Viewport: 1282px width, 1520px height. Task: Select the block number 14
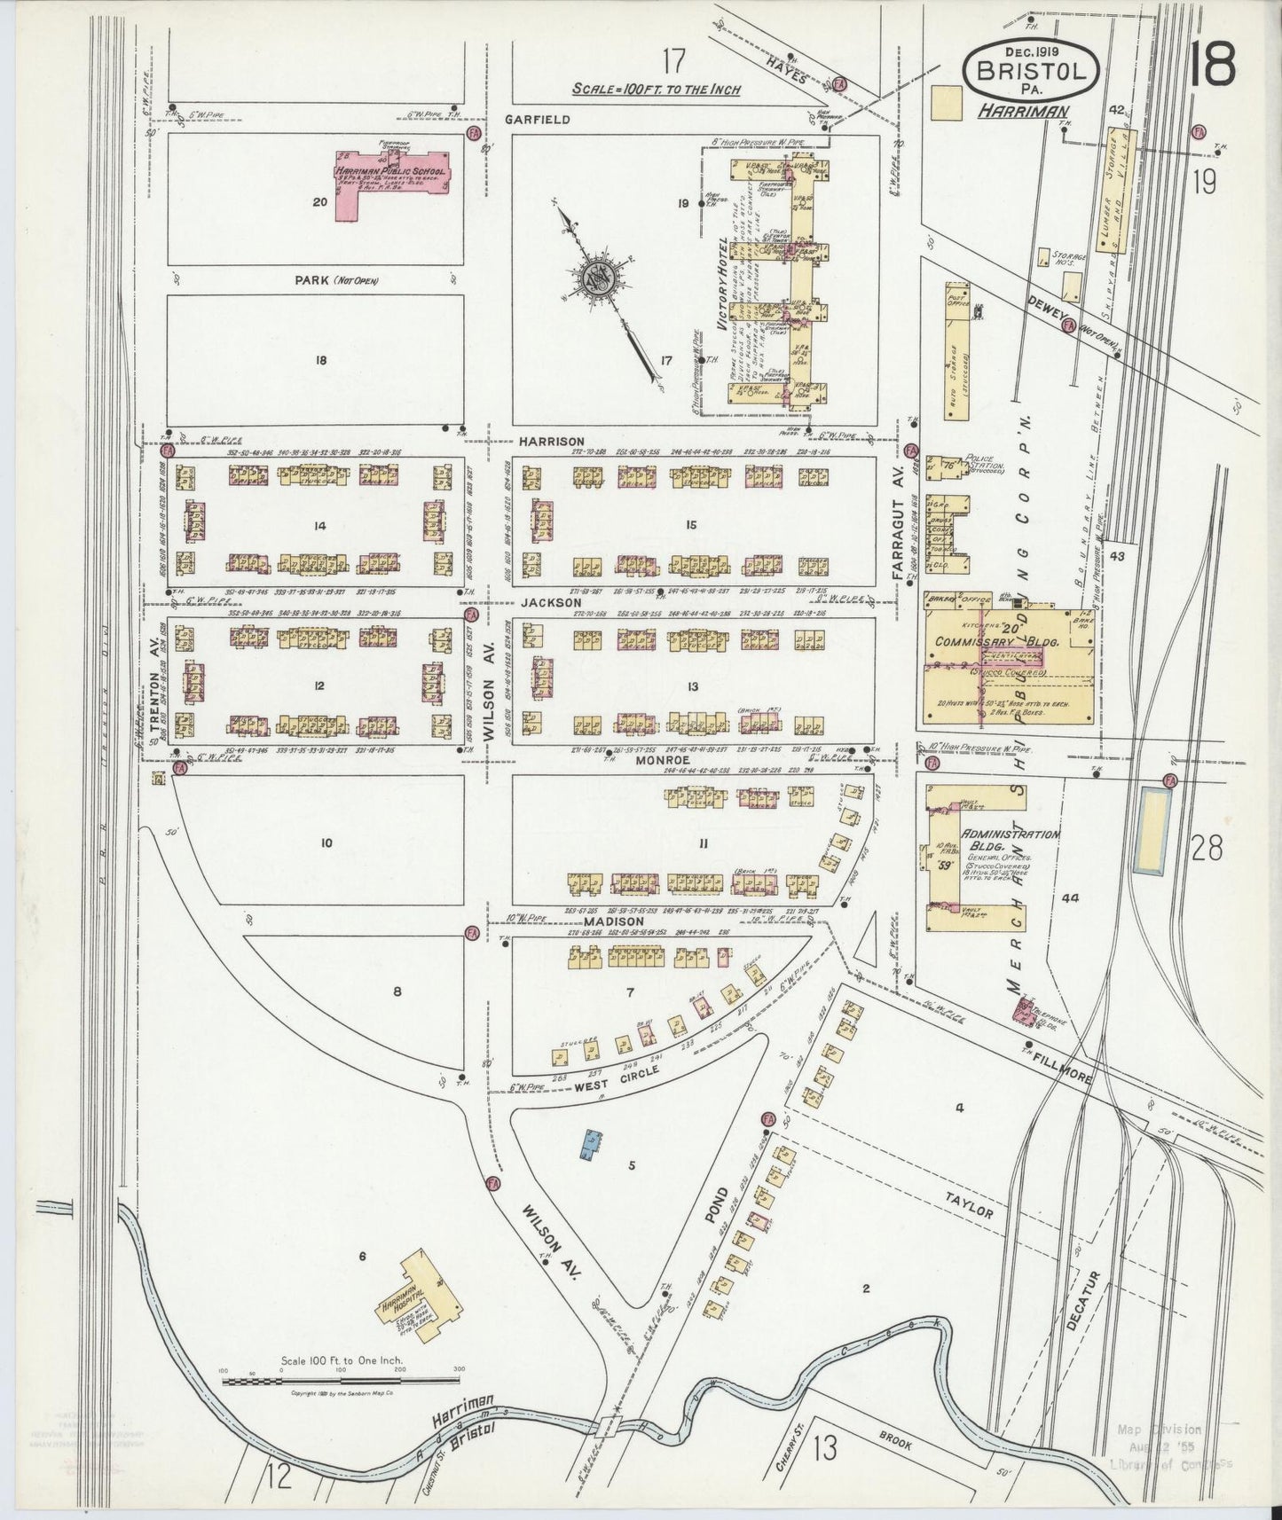(319, 526)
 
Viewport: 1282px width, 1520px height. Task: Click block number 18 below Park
(320, 360)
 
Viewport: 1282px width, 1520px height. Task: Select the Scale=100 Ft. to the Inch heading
(656, 90)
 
